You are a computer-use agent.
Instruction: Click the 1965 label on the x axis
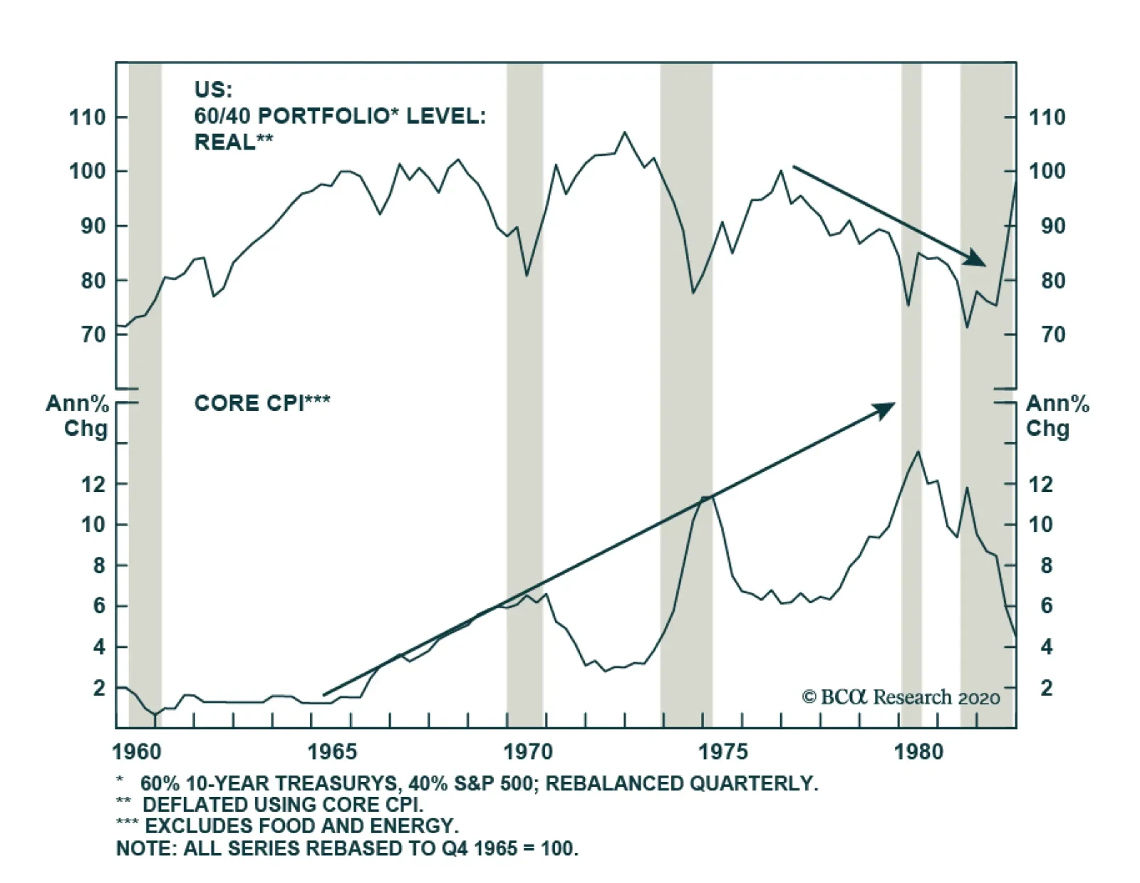pos(331,752)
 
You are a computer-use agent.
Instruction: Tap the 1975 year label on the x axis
pos(723,752)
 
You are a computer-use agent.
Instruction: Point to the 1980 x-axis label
pos(918,752)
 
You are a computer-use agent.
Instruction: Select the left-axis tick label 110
pos(87,117)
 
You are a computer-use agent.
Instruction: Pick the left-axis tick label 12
pos(93,485)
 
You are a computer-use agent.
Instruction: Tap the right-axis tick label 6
pos(1046,606)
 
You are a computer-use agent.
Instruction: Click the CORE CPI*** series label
pos(261,404)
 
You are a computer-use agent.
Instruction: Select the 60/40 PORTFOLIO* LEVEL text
pos(339,116)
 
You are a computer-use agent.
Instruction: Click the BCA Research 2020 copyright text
pos(901,697)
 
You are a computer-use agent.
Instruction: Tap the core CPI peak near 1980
pos(918,451)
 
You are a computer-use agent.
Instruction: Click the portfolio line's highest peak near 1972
pos(625,132)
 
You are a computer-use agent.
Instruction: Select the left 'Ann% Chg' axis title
pos(77,416)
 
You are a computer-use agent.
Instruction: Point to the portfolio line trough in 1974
pos(693,293)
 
